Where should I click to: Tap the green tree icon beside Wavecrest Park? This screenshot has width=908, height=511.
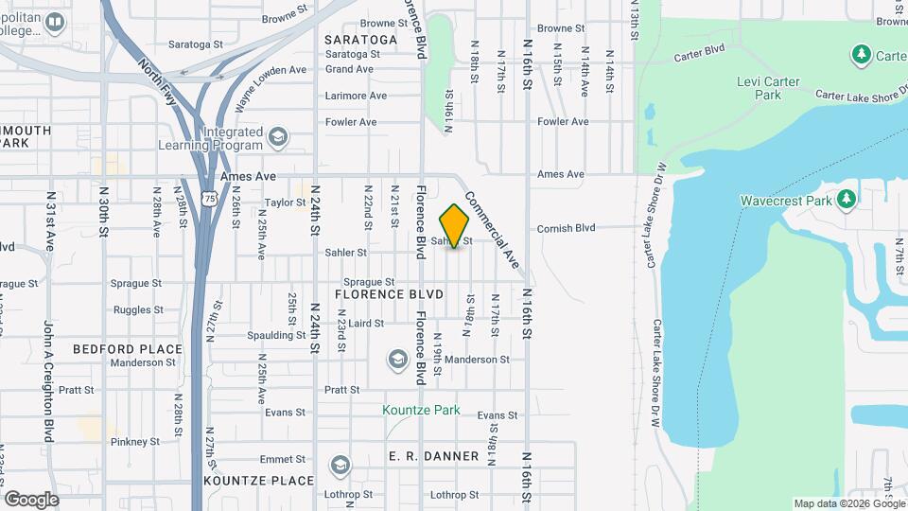(847, 199)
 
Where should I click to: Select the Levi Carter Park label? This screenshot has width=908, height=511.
(768, 88)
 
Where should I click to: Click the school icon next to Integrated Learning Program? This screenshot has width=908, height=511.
(277, 138)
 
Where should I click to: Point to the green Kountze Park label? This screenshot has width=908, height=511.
(421, 410)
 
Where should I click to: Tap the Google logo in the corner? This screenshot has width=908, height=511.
(31, 499)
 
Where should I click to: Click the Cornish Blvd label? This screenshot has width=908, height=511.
(566, 228)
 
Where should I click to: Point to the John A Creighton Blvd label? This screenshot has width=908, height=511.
(47, 381)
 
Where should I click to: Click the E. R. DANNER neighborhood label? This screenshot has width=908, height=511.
(434, 456)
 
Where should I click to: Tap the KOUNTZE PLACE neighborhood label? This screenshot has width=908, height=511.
(258, 481)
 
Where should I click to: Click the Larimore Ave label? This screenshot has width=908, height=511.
(356, 96)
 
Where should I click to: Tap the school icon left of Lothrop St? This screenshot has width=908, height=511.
(340, 465)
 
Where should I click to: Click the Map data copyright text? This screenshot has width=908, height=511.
(848, 503)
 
